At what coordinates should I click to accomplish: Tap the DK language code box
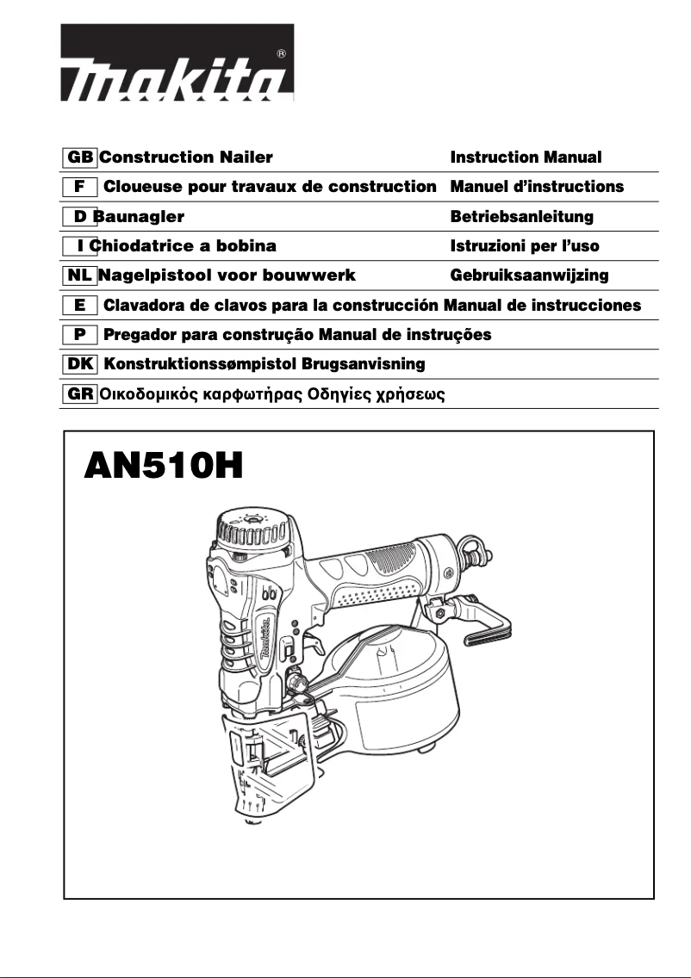click(80, 364)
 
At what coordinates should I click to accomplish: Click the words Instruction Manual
click(526, 158)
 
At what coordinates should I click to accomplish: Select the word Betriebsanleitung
click(521, 217)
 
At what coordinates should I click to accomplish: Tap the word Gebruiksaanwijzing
click(529, 276)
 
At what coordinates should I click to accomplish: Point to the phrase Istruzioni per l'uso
click(525, 246)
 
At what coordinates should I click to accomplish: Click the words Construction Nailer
click(186, 158)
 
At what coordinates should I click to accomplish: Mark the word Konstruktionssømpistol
click(200, 364)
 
